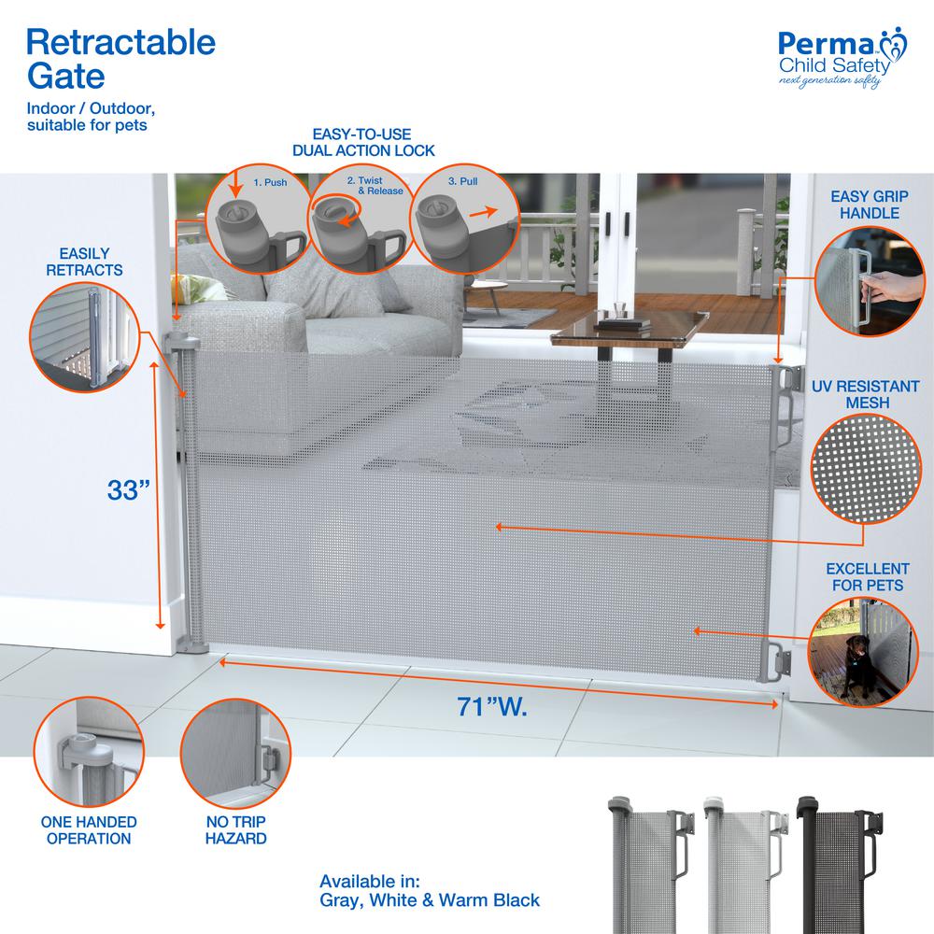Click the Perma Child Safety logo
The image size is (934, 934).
point(842,58)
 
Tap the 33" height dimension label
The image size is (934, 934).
point(128,490)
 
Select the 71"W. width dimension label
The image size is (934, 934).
point(492,706)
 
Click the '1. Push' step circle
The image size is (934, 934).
point(258,219)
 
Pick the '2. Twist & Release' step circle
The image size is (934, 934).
point(361,219)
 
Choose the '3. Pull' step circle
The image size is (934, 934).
point(464,219)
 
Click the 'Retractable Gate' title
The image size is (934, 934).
point(120,58)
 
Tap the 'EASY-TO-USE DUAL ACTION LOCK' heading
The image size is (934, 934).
point(362,142)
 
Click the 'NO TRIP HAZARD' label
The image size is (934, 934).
point(236,829)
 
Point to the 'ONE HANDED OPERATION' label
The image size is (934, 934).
point(89,829)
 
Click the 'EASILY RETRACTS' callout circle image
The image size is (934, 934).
point(85,337)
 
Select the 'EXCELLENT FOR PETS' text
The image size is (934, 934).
point(868,576)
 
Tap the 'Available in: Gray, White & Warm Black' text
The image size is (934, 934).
point(430,890)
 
